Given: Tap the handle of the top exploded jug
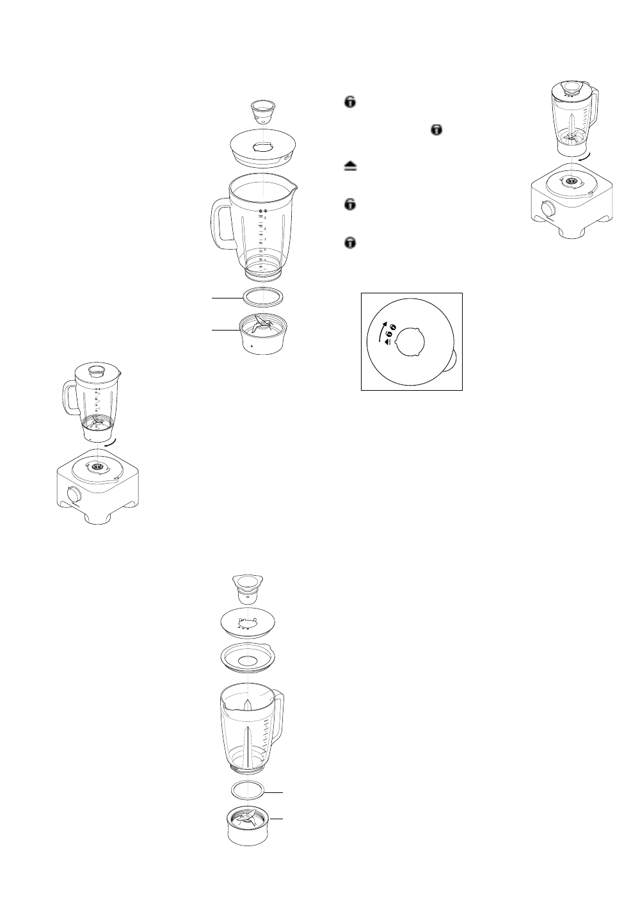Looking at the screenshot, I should tap(220, 224).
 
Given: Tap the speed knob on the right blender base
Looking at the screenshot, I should tap(548, 209).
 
